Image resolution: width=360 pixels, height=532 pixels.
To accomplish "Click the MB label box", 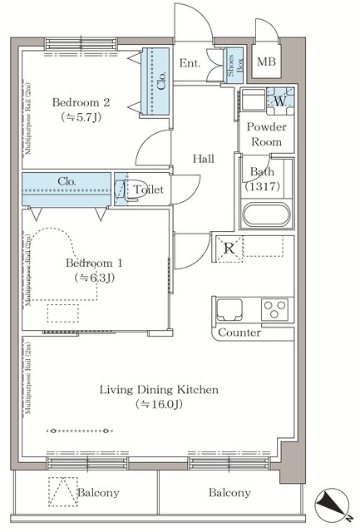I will click(267, 62).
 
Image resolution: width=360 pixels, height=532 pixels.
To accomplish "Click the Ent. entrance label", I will click(190, 63).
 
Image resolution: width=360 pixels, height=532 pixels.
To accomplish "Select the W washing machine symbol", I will click(278, 101).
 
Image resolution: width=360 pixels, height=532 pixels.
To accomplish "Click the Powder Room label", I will click(265, 135).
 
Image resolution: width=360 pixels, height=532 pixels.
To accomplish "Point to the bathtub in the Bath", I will click(265, 215).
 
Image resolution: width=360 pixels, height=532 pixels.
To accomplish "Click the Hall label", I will click(204, 158).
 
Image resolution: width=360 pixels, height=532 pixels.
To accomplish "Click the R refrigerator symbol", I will click(229, 249).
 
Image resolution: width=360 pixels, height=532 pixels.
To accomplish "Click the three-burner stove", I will click(274, 311).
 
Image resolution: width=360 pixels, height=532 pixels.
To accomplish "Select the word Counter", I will click(239, 332).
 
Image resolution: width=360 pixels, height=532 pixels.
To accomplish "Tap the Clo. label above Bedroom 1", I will click(68, 181).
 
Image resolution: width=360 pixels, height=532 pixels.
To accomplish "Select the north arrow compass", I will click(330, 505).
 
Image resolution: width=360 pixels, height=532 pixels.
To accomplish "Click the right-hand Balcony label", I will click(229, 493).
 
